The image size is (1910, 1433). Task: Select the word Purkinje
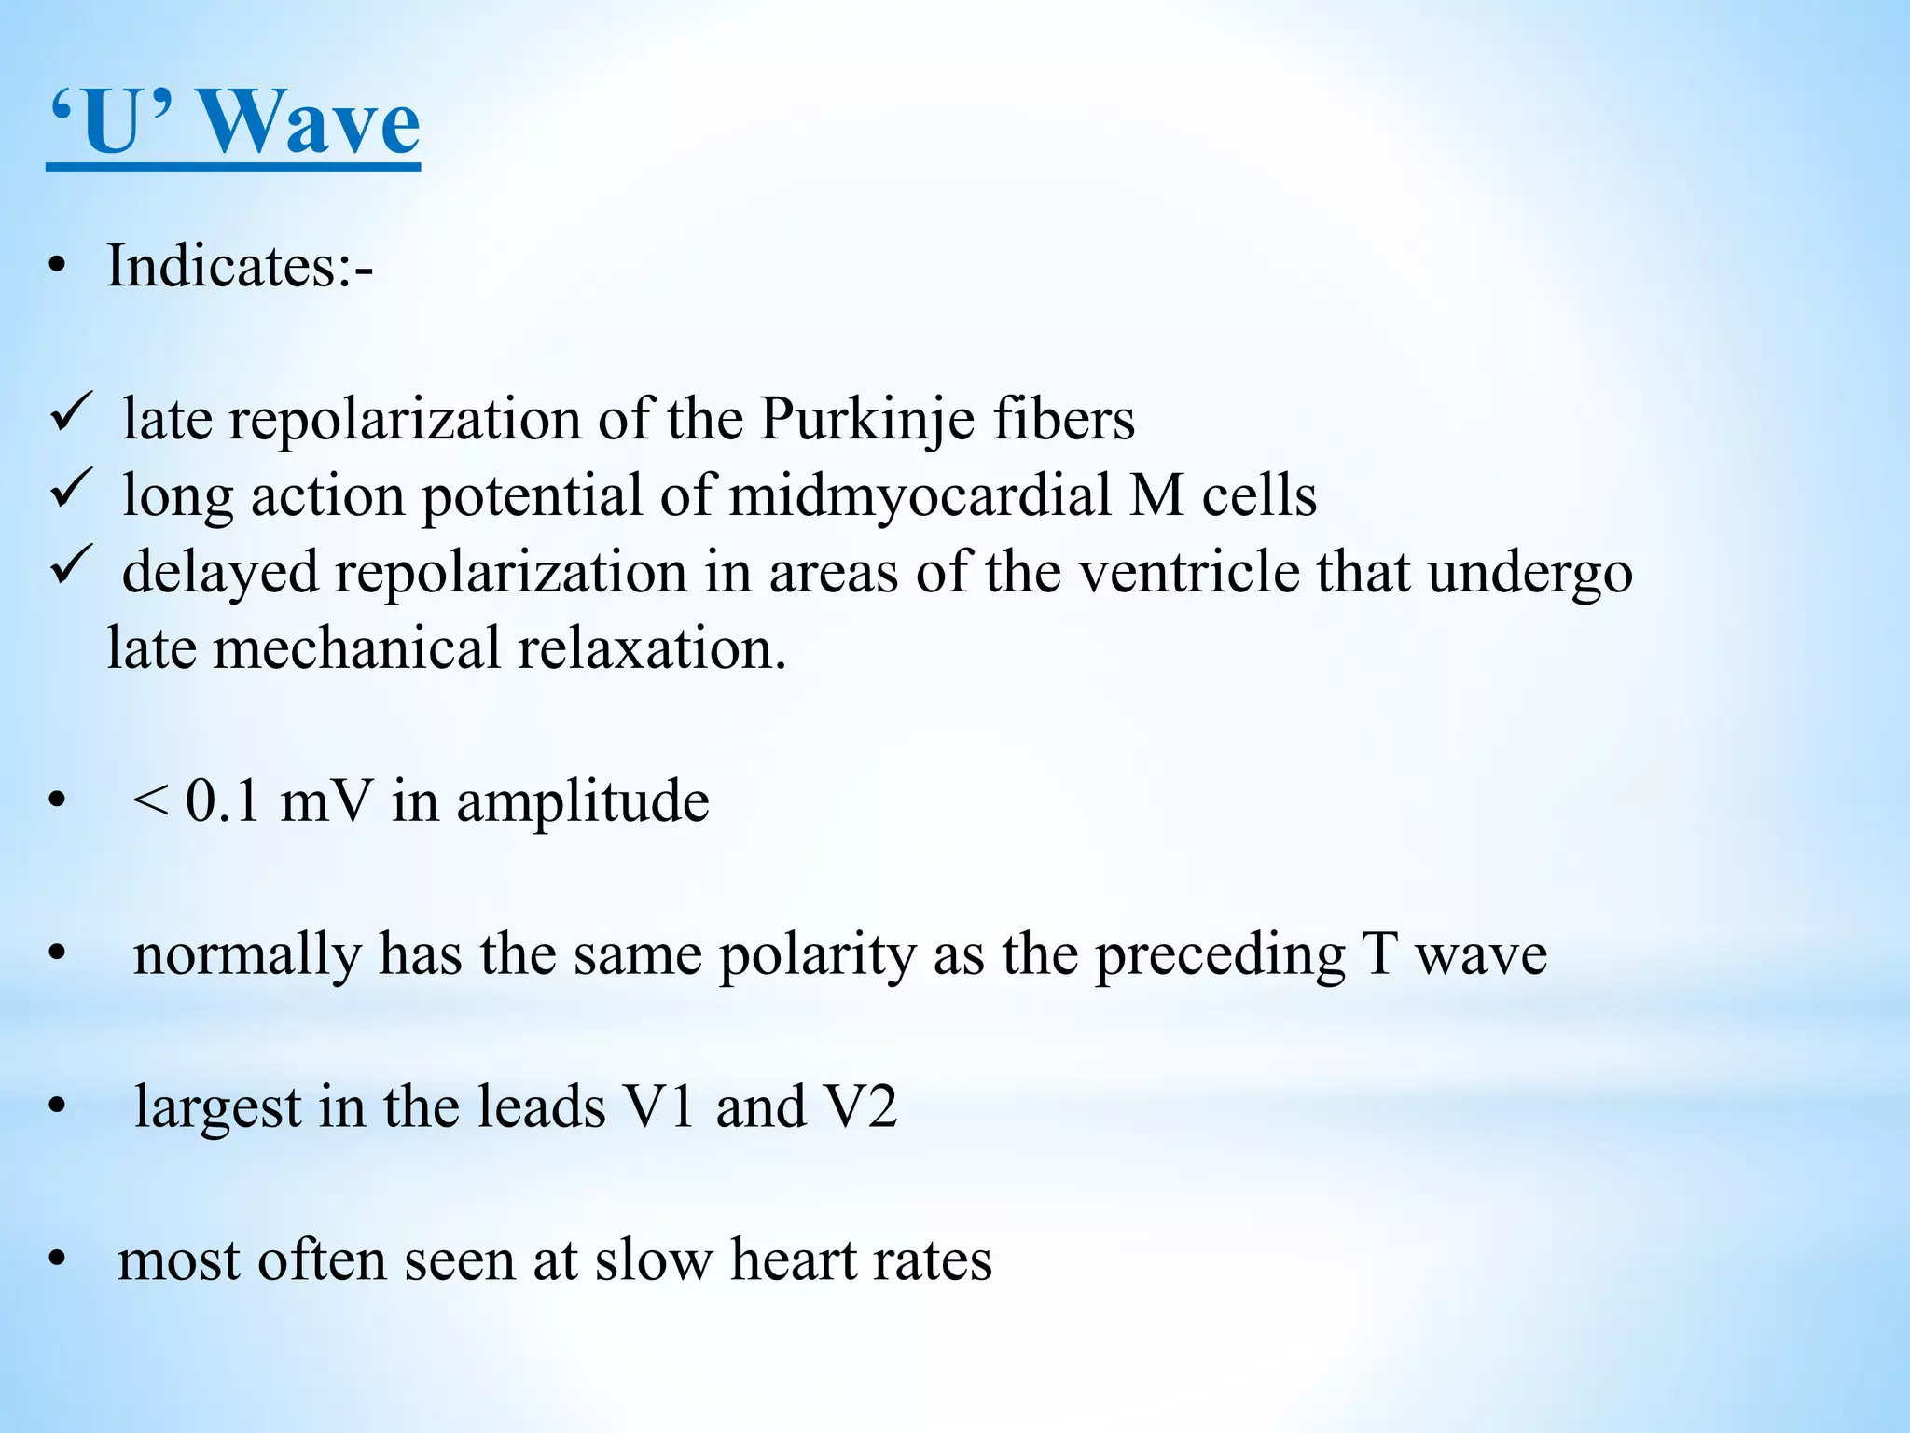tap(866, 419)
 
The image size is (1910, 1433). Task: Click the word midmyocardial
tap(920, 495)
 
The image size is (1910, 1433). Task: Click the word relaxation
tap(652, 648)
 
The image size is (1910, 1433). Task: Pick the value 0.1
tap(222, 801)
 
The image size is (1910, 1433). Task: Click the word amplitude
tap(582, 801)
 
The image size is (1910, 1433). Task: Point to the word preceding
tap(1220, 954)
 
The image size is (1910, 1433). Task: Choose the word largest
tap(218, 1107)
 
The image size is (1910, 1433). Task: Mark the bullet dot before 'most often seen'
tap(58, 1260)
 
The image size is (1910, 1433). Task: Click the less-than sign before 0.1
tap(150, 801)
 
